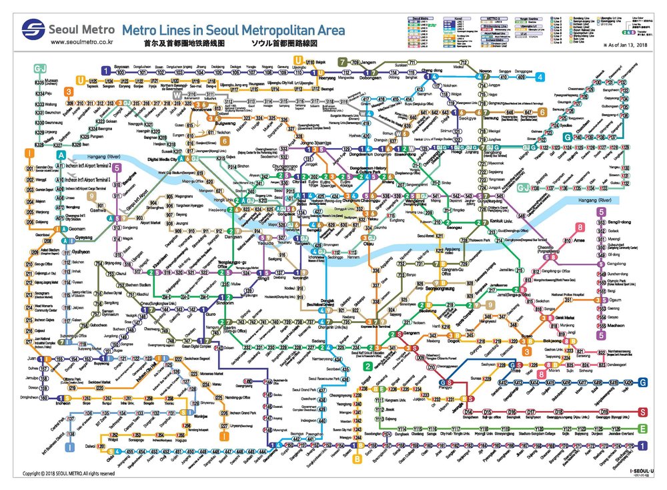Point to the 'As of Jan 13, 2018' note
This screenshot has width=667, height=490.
[x=628, y=45]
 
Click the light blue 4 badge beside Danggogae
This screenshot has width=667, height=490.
[x=539, y=77]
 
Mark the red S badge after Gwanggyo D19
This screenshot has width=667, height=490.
[x=642, y=412]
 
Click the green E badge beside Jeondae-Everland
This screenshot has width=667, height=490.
[x=642, y=429]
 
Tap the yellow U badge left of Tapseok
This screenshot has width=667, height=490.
[x=80, y=80]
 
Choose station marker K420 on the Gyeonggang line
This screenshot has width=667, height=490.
[x=630, y=383]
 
